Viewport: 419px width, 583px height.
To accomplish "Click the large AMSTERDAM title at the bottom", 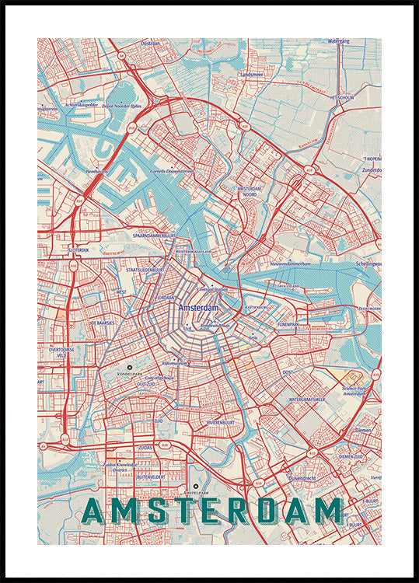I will point(211,511).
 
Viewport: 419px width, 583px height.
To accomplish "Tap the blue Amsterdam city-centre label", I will point(199,309).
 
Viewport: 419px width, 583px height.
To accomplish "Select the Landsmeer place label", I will point(253,75).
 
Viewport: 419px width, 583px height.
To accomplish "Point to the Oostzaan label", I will point(151,44).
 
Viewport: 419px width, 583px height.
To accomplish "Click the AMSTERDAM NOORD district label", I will point(253,192).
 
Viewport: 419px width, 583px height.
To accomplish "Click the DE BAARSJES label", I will point(103,322).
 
